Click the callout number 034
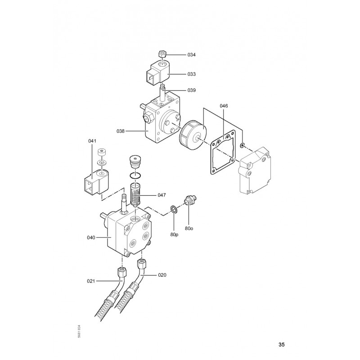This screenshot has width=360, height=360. [192, 55]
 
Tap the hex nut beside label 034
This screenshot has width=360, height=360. [162, 54]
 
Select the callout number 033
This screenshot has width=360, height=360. [192, 74]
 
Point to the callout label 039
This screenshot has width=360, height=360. [192, 90]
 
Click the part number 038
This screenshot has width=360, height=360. [121, 131]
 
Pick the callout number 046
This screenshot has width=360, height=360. [224, 106]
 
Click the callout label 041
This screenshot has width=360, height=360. [92, 141]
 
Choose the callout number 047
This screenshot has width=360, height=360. [162, 195]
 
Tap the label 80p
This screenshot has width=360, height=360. [174, 234]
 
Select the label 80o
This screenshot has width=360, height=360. [189, 229]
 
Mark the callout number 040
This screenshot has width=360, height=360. [91, 238]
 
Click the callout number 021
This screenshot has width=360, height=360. [91, 281]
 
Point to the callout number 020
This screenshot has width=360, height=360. [162, 275]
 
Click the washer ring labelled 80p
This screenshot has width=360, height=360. [174, 209]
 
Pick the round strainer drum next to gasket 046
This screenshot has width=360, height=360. [193, 134]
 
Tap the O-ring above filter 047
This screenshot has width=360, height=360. [135, 176]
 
